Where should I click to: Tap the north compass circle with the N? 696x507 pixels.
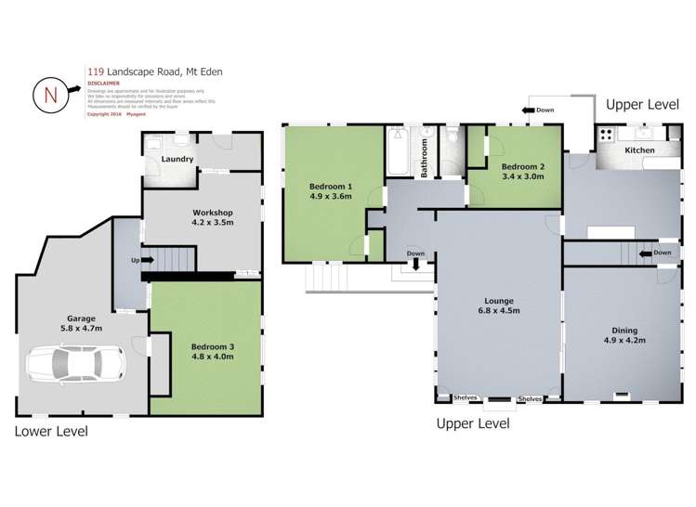(x=49, y=94)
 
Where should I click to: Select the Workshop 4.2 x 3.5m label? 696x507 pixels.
(x=205, y=217)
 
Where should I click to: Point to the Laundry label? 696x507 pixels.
(x=177, y=159)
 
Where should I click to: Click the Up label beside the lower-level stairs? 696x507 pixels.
(x=136, y=261)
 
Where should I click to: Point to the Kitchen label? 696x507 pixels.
(x=639, y=149)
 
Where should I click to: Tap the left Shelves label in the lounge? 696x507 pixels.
(x=464, y=398)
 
